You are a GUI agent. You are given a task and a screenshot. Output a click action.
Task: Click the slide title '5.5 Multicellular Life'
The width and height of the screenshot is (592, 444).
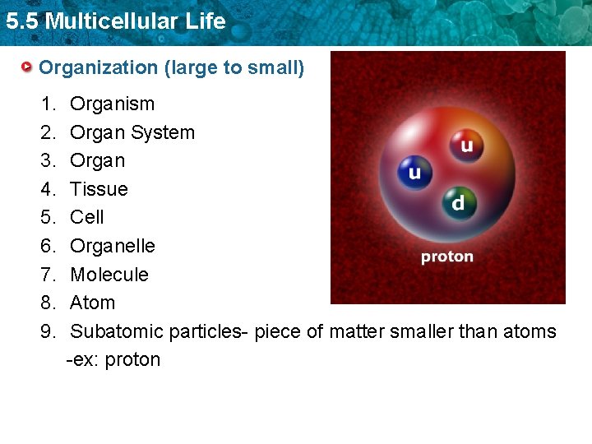[115, 21]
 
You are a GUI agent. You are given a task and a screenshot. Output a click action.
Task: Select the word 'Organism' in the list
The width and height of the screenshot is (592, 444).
[112, 104]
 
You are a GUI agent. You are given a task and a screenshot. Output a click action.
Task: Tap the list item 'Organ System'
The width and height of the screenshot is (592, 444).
[132, 132]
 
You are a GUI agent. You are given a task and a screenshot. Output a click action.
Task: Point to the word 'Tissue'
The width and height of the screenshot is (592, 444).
[99, 189]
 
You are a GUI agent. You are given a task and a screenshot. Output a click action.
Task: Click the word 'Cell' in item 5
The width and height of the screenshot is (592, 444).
[87, 217]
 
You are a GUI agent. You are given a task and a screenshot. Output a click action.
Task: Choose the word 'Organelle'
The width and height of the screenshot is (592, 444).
[113, 246]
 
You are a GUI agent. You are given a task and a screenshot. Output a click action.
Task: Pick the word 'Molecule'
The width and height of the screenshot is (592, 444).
[109, 275]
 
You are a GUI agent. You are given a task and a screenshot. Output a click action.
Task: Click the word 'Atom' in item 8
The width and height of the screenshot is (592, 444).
[93, 303]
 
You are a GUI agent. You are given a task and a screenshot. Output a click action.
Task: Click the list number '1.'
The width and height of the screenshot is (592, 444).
[48, 104]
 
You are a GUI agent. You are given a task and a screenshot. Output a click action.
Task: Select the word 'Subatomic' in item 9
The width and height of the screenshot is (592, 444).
[117, 331]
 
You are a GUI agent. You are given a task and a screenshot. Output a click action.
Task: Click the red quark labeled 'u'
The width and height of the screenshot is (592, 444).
[466, 146]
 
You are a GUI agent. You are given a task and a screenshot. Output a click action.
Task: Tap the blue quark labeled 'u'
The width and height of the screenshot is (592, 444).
[414, 173]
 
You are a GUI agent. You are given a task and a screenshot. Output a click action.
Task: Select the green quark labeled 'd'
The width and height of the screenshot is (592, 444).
[457, 201]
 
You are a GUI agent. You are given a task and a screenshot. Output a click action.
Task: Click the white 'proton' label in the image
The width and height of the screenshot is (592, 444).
[447, 257]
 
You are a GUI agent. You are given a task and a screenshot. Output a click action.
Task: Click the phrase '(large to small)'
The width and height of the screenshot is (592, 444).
[234, 67]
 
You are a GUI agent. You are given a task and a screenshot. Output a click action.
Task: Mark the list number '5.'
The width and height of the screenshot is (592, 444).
[48, 217]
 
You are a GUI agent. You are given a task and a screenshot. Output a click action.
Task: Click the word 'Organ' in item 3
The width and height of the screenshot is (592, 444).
[98, 160]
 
